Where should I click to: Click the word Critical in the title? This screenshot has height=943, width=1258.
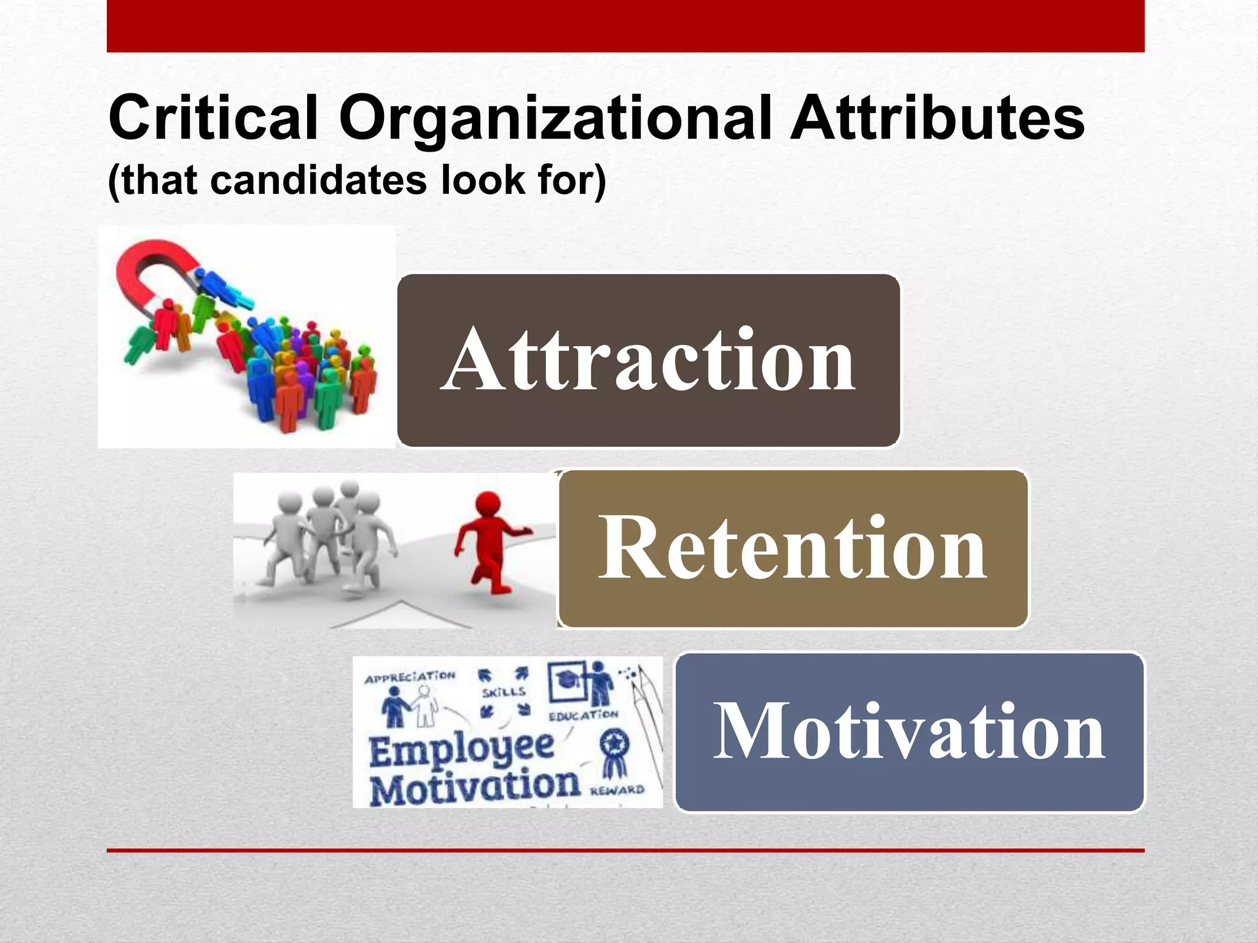coord(213,118)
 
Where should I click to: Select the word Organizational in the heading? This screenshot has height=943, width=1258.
coord(555,118)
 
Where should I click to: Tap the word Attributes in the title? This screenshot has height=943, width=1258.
coord(937,118)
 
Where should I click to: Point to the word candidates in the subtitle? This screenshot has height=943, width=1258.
coord(318,180)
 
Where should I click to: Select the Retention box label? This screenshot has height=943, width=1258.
coord(792,548)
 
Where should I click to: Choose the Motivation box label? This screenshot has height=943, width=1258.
coord(909,732)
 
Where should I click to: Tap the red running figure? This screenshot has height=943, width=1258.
coord(488,540)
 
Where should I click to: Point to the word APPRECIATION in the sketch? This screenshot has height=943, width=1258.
coord(410,677)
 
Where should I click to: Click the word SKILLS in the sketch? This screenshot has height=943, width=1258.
coord(504,693)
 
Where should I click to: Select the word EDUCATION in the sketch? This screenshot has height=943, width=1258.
coord(583,716)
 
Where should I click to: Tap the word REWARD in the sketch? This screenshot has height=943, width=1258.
coord(617,790)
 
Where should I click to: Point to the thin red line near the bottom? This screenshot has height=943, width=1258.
coord(625,850)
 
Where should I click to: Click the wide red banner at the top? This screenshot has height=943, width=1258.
coord(625,26)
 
